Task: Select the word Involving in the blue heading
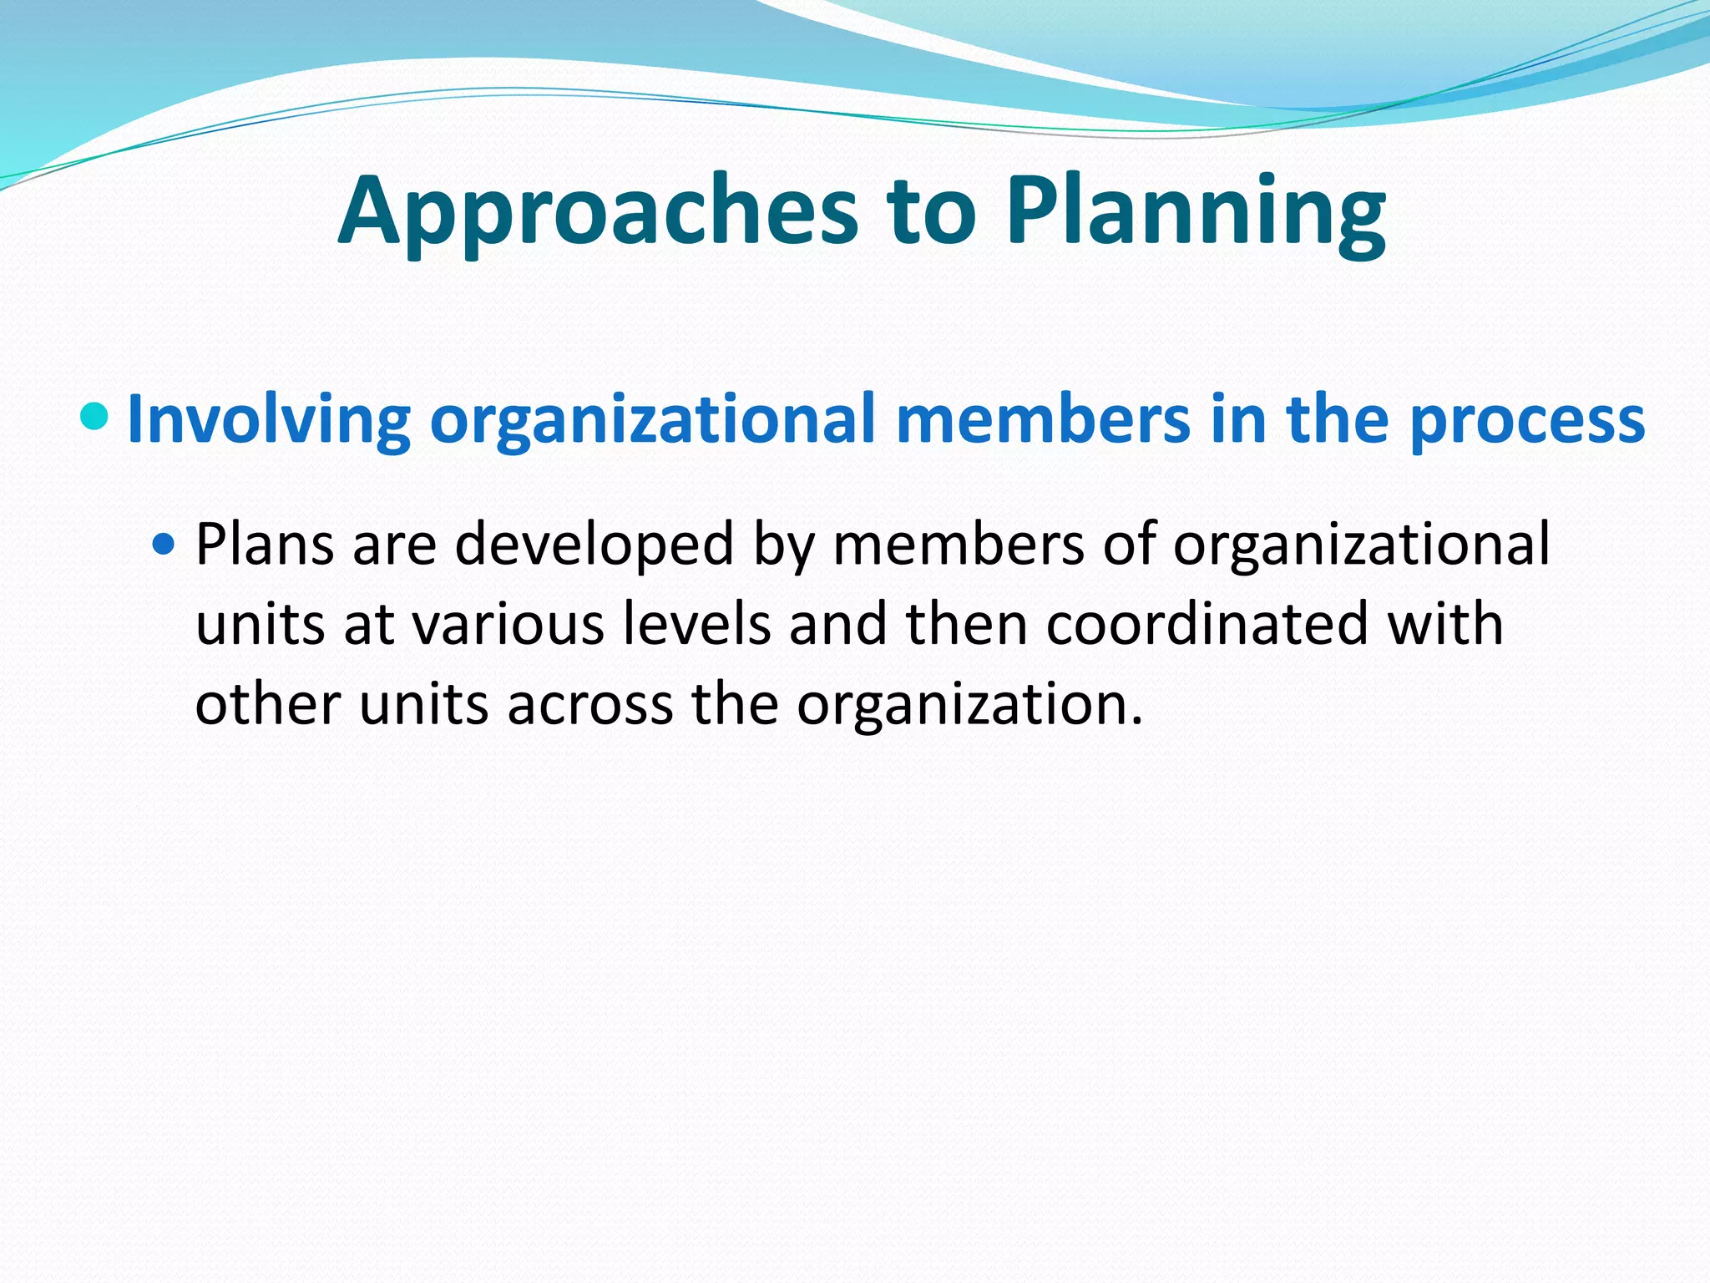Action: click(268, 419)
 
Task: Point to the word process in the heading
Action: click(1527, 419)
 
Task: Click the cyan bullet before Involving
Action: click(95, 414)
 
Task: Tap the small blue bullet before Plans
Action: click(164, 545)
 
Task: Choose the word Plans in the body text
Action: click(264, 545)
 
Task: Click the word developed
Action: click(594, 545)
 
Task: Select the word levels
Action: click(696, 625)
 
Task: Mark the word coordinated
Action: click(1207, 625)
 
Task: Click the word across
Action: click(589, 705)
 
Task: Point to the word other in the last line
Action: click(267, 705)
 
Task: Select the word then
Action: click(966, 625)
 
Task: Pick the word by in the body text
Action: click(782, 545)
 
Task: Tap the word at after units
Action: click(368, 625)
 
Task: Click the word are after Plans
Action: click(394, 545)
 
